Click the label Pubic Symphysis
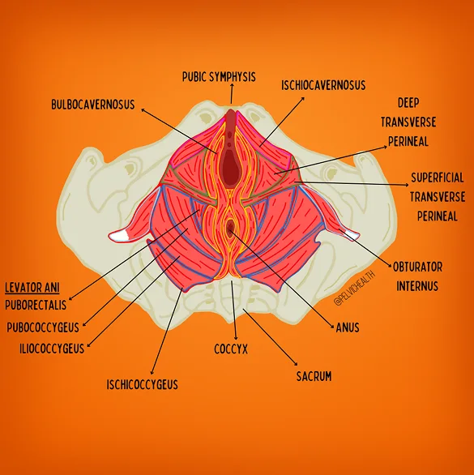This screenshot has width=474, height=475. (218, 78)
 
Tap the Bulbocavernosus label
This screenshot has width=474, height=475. (92, 105)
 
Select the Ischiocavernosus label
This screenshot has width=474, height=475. (323, 84)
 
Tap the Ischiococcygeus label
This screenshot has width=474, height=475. (142, 383)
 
